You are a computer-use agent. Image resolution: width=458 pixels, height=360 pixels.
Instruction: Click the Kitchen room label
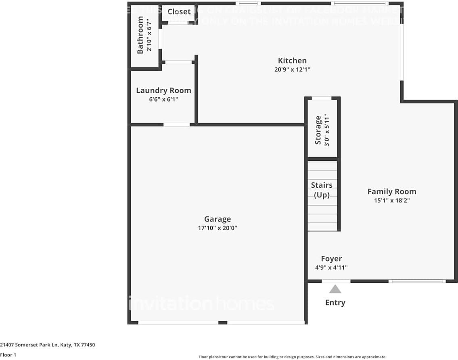(x=292, y=61)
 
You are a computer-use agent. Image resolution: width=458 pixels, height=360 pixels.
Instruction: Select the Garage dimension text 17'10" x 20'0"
(x=217, y=228)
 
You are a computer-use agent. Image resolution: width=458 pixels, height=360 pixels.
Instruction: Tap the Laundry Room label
(x=163, y=90)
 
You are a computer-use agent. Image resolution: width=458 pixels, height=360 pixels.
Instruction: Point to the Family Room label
(x=391, y=192)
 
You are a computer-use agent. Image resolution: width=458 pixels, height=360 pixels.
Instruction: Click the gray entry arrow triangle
(x=335, y=289)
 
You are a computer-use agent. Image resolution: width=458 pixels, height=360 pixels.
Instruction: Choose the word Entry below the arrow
(x=335, y=302)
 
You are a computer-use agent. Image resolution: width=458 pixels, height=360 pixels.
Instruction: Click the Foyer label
(x=331, y=259)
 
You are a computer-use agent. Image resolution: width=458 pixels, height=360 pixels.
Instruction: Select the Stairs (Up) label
(x=322, y=190)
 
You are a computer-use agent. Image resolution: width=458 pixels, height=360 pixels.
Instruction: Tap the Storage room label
(x=318, y=130)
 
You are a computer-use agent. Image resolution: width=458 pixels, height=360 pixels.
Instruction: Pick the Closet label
(x=179, y=12)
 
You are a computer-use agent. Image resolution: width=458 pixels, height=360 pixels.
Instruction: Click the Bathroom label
(x=140, y=35)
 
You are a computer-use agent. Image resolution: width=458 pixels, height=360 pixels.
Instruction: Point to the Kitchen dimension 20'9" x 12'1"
(x=292, y=69)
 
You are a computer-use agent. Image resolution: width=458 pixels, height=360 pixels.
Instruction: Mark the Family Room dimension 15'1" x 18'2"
(x=391, y=200)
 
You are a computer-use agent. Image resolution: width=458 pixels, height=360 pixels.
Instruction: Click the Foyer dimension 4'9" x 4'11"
(x=331, y=267)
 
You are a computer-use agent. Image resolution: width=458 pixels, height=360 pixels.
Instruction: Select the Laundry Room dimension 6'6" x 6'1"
(x=163, y=99)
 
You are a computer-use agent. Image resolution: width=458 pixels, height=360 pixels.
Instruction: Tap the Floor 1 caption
(x=8, y=355)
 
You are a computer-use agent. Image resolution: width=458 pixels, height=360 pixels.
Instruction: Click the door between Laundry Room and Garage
(x=176, y=124)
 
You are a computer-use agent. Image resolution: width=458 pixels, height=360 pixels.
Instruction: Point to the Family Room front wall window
(x=417, y=281)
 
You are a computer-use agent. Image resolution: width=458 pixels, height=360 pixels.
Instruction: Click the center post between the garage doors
(x=222, y=322)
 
